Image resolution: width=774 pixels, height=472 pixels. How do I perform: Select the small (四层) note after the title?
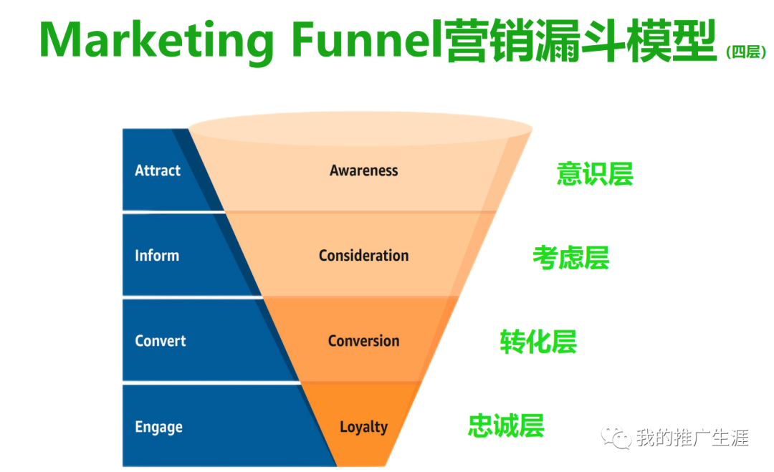pos(745,52)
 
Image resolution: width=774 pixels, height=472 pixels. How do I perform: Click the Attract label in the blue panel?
pos(158,170)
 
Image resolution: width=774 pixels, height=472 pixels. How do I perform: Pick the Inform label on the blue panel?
pos(157,256)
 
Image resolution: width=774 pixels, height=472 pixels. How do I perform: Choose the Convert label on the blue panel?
pos(161,341)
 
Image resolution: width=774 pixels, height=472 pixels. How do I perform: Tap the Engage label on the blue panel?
pos(158,428)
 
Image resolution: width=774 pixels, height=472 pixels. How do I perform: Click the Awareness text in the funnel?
pos(364,170)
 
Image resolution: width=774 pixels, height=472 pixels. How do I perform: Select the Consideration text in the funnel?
pos(364,256)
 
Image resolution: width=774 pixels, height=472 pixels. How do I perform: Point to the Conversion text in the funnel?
pos(364,341)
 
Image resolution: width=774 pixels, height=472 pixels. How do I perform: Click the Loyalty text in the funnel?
pos(363,428)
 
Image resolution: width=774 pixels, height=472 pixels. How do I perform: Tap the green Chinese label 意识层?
pos(595,174)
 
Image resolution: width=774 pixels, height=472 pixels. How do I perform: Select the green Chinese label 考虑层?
pos(570,258)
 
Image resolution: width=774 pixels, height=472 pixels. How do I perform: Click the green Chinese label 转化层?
pos(538,342)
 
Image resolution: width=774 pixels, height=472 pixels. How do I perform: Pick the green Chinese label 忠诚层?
pos(506,425)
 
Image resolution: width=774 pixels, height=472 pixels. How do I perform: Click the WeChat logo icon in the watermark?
pos(617,436)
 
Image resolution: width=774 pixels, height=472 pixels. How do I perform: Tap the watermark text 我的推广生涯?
pos(692,438)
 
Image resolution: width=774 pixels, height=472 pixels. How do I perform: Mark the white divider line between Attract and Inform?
pos(172,211)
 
